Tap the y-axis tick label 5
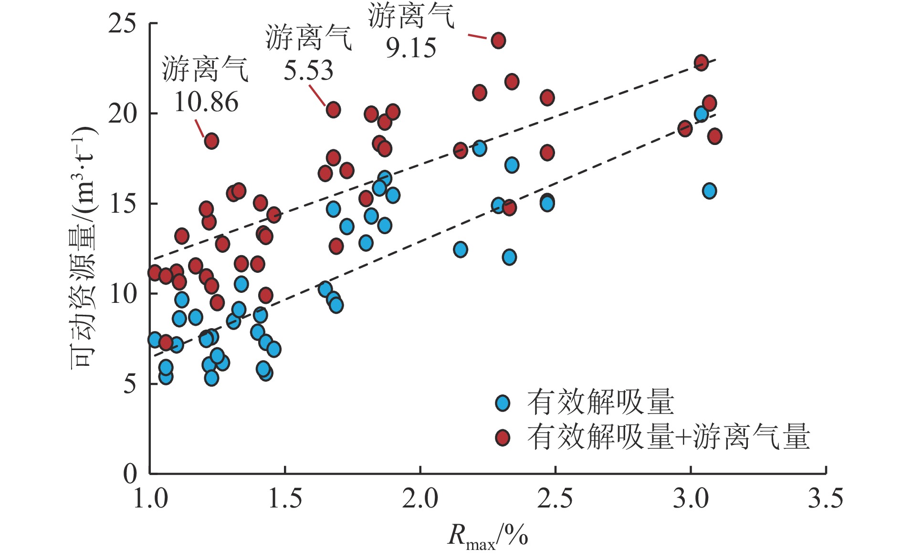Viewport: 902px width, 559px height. pos(129,384)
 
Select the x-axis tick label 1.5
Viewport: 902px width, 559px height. pos(285,498)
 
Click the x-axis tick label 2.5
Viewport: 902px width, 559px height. pos(555,498)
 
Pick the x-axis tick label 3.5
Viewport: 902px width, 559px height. pos(826,498)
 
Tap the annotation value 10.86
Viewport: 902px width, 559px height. pos(206,102)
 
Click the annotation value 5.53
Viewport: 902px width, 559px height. pos(308,70)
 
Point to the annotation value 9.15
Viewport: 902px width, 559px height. pos(411,48)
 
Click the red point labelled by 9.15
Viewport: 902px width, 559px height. pos(498,41)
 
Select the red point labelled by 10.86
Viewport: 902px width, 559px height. pos(211,141)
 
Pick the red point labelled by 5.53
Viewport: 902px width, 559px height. pos(333,110)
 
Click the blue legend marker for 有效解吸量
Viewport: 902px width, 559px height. pos(503,403)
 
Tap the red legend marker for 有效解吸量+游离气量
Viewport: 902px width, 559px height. pos(503,437)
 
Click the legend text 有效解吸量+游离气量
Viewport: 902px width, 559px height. pos(668,436)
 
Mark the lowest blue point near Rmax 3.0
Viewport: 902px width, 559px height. pos(709,191)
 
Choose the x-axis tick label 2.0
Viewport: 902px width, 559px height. pos(420,498)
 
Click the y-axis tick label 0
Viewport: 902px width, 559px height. pos(130,474)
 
